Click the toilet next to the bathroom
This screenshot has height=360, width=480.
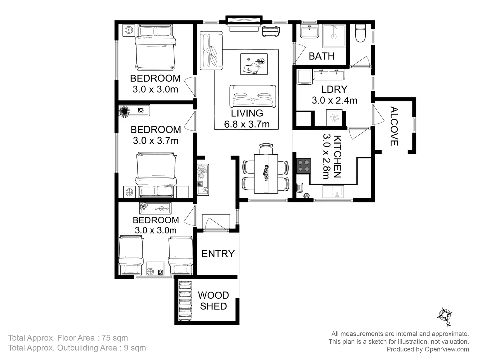click(360, 33)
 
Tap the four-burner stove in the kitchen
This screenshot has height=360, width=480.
click(304, 165)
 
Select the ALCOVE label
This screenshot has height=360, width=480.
click(394, 126)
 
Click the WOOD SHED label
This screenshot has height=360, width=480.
click(213, 301)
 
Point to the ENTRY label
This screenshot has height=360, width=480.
click(218, 254)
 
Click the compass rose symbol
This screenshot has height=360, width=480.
click(445, 315)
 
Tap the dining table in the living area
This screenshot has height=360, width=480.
click(266, 173)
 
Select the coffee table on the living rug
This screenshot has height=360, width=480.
click(254, 64)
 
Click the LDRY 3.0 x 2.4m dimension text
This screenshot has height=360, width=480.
click(334, 100)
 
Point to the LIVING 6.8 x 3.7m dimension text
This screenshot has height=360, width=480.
click(247, 124)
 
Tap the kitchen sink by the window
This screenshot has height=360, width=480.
click(334, 191)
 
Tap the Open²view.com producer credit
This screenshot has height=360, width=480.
click(447, 349)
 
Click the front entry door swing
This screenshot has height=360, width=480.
click(216, 223)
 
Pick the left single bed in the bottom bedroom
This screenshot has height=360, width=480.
click(131, 255)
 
